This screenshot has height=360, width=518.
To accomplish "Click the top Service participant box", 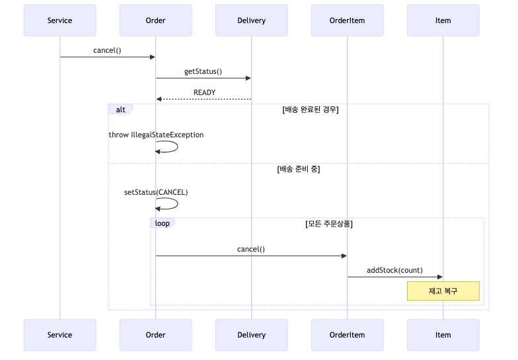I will click(x=59, y=20).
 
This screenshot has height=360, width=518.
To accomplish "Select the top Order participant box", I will click(x=155, y=20).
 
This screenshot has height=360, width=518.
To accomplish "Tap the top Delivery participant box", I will click(x=251, y=20).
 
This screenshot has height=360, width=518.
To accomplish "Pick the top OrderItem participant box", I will click(x=347, y=20).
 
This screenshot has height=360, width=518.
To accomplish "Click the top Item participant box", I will click(x=443, y=20).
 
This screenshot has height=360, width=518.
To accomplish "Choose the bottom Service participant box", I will click(x=59, y=335).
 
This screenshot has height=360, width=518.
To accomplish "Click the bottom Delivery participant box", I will click(x=251, y=335).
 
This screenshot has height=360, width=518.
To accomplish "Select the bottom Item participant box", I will click(x=443, y=335).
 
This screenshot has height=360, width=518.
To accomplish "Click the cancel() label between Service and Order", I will click(x=107, y=50).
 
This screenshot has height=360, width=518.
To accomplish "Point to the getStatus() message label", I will click(x=203, y=71).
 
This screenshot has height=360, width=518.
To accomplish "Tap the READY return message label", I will click(x=204, y=92).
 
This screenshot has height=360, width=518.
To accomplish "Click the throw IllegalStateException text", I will click(x=156, y=135).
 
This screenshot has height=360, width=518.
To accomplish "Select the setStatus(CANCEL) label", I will click(x=156, y=193).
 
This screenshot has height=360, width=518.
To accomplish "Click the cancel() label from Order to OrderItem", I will click(x=250, y=249).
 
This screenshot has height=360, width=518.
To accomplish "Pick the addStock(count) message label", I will click(x=394, y=270).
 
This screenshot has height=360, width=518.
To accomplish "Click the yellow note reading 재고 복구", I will click(x=443, y=291).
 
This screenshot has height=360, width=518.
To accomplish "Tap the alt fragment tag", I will click(x=120, y=110).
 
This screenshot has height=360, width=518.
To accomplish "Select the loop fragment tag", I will click(x=162, y=223).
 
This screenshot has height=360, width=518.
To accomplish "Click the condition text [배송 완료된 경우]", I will click(x=310, y=110).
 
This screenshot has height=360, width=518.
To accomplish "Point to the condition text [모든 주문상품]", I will click(x=328, y=224).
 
